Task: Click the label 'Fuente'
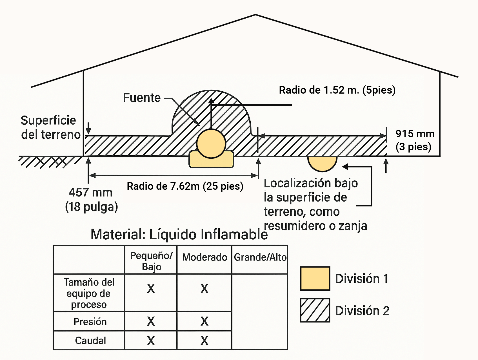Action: [142, 98]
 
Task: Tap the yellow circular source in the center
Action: [211, 143]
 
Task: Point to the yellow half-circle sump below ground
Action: [322, 163]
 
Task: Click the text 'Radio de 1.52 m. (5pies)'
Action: [337, 90]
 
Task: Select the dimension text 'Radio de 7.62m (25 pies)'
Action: [185, 186]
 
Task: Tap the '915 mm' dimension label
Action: [415, 134]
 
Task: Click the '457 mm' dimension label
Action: [90, 193]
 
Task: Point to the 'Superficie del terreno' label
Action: [50, 127]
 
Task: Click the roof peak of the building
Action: [255, 15]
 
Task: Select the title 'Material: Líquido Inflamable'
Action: [179, 234]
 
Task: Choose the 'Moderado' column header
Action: [204, 257]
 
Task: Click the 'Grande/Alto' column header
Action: [260, 257]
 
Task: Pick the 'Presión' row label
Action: [90, 322]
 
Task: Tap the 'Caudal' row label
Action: [90, 341]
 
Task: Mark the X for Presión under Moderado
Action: [204, 321]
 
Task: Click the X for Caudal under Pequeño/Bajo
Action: [151, 341]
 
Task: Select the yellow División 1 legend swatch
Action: [315, 279]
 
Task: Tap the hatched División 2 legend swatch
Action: [315, 310]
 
